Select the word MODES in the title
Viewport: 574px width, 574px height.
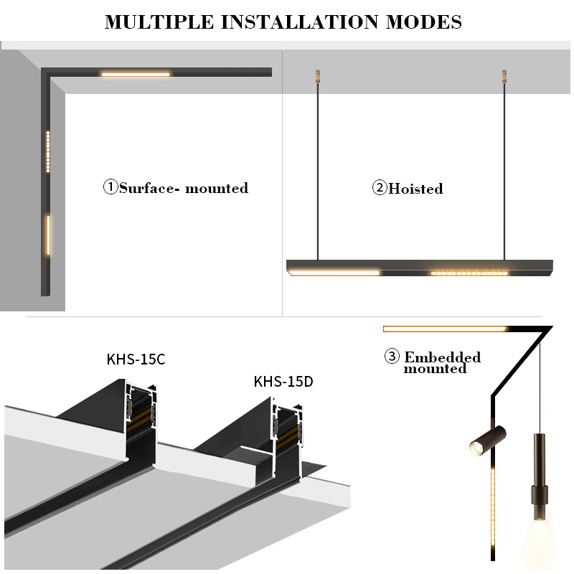(x=423, y=22)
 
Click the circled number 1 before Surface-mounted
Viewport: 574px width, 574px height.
(x=110, y=188)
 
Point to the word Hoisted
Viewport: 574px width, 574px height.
(x=415, y=189)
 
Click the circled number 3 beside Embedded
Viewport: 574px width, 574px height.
(x=391, y=357)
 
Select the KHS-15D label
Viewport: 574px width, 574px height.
(x=283, y=381)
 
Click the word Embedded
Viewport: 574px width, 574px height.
(x=443, y=357)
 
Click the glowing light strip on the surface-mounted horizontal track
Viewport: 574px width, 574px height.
(x=136, y=74)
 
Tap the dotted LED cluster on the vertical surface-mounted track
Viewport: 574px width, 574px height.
(x=48, y=152)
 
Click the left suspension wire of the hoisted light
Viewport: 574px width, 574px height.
(x=316, y=172)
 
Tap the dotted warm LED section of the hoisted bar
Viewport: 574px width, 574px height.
(x=469, y=273)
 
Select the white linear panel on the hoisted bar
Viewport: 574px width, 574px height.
(x=334, y=272)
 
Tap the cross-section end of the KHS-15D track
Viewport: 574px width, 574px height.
(x=287, y=430)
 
